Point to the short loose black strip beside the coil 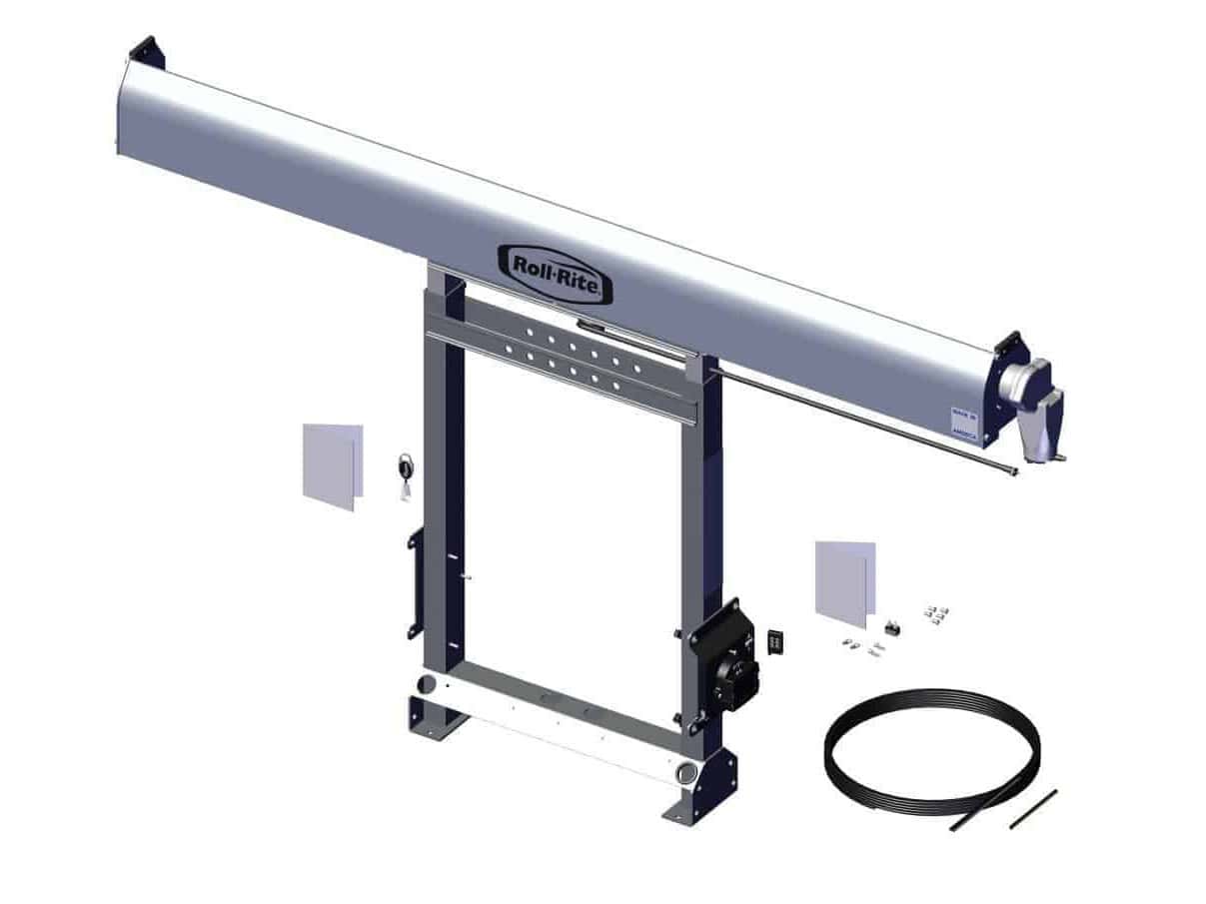point(1032,808)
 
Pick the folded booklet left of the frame point(332,465)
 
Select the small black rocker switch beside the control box point(776,640)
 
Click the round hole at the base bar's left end point(428,685)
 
